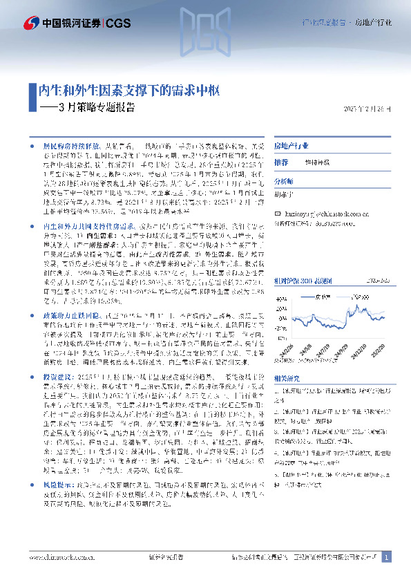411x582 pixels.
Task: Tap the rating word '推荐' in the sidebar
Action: [x=281, y=162]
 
